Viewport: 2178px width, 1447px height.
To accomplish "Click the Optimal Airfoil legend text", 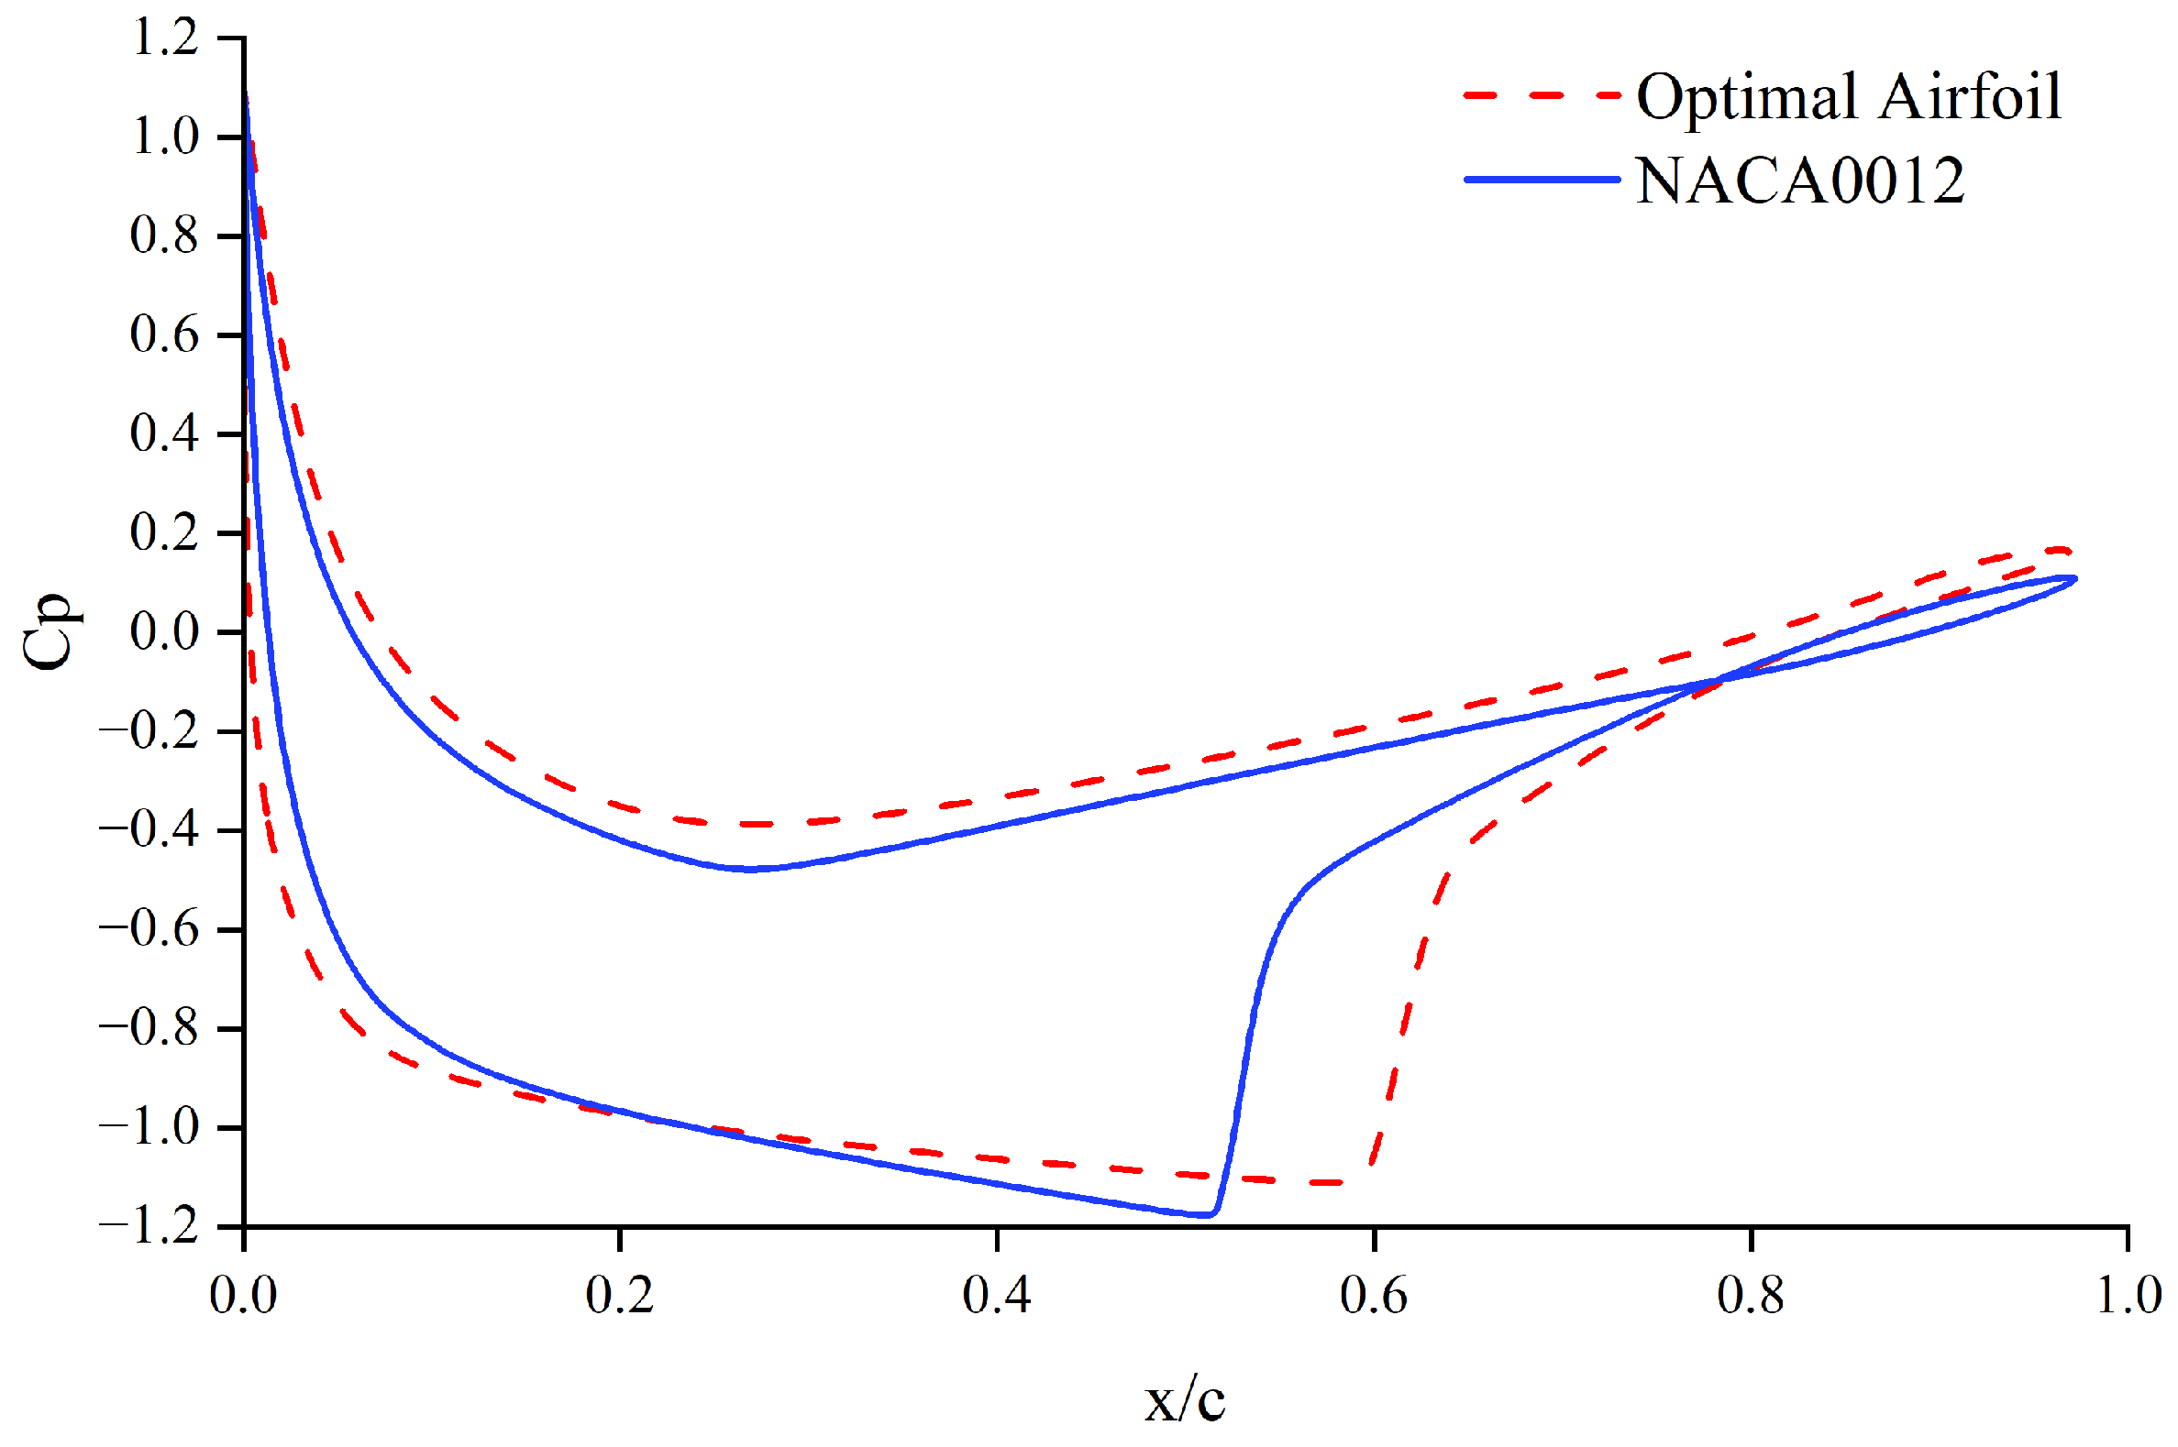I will click(1849, 96).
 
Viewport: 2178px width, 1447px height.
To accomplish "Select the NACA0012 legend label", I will click(1799, 180).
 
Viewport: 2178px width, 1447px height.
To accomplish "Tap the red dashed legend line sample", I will click(1541, 95).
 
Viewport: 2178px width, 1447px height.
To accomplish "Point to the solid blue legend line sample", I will click(1541, 179).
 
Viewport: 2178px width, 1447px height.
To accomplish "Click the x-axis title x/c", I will click(1185, 1401).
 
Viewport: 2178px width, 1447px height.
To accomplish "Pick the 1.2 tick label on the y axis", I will click(165, 38).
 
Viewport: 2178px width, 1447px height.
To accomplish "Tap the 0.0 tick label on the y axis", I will click(165, 632).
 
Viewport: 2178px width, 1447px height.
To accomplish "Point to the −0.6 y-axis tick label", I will click(149, 929).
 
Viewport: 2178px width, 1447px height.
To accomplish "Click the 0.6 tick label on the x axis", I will click(1374, 1294).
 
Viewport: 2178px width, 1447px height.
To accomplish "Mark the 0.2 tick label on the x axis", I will click(620, 1294).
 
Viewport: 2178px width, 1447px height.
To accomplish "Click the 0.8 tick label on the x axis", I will click(1751, 1294).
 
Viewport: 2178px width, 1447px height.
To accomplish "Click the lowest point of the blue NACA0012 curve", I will click(1208, 1215).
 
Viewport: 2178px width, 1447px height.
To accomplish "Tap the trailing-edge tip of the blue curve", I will click(2075, 578).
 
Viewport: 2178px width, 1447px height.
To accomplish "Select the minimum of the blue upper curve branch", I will click(750, 870).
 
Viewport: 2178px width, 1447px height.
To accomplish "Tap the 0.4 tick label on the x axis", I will click(996, 1294).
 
